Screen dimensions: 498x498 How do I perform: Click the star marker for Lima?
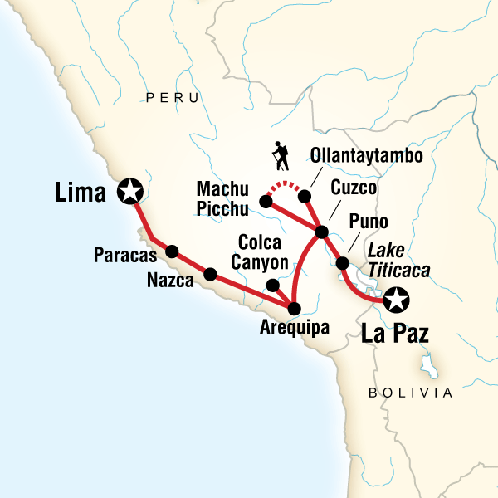(130, 192)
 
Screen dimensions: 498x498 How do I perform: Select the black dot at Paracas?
(173, 251)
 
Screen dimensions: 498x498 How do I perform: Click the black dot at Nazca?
(210, 274)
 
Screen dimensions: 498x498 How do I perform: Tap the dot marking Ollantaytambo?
(304, 197)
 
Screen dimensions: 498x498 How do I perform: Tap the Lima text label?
(80, 194)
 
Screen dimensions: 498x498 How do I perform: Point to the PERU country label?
(173, 98)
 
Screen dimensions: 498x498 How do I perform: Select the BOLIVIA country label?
(412, 393)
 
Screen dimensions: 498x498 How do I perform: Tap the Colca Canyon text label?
(263, 252)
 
